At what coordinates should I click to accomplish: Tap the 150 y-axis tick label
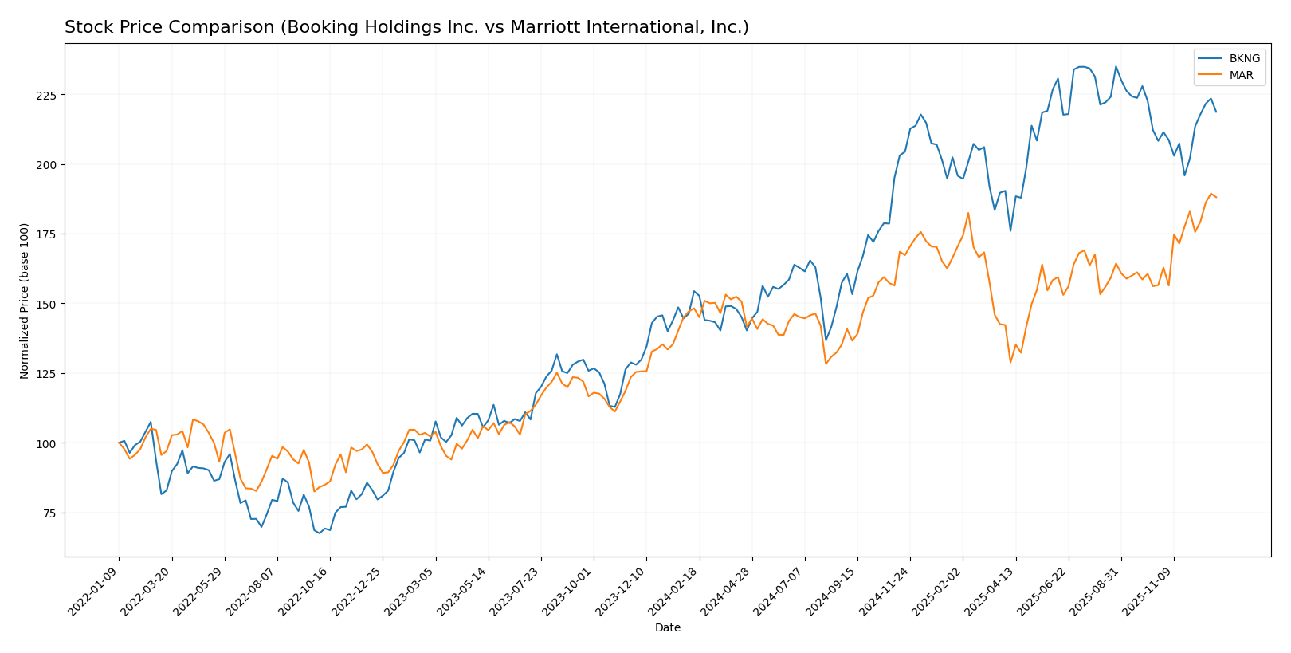(49, 304)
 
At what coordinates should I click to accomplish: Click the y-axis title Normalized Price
(25, 301)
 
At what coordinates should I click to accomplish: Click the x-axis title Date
(667, 628)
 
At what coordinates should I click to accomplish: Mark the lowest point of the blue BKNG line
(320, 533)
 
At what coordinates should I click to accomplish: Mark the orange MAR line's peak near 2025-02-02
(967, 213)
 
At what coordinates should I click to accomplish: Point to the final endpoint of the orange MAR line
(1216, 197)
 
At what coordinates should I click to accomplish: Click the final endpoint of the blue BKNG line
(1216, 112)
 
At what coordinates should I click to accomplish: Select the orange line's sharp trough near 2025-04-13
(1010, 363)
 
